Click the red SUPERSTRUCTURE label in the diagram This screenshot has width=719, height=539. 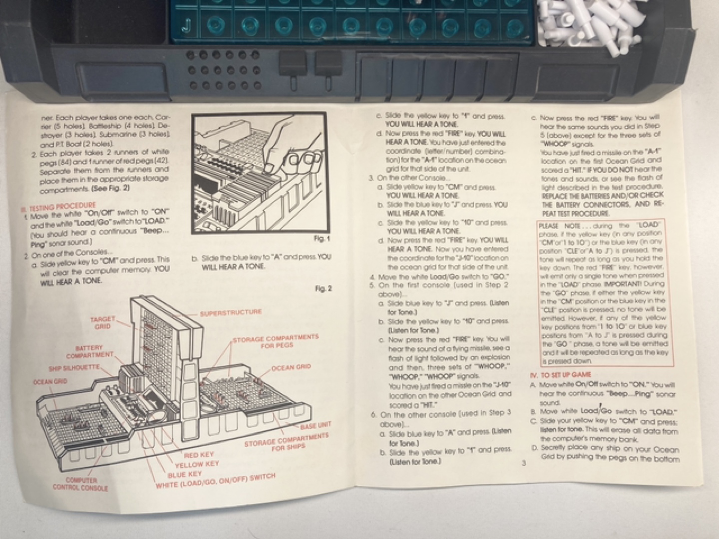click(x=231, y=313)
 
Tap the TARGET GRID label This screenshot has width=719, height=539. click(x=103, y=322)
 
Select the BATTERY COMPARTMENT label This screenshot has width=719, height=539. click(x=90, y=351)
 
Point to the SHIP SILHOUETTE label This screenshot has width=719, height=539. click(x=74, y=368)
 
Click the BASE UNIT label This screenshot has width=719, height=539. click(x=315, y=426)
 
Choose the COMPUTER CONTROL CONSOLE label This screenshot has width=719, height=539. click(x=80, y=484)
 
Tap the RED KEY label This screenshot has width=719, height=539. click(x=199, y=455)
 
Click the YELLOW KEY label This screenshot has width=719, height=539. click(x=197, y=465)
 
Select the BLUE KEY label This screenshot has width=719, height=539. click(x=185, y=474)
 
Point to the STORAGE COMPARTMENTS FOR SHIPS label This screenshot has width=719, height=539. click(x=286, y=442)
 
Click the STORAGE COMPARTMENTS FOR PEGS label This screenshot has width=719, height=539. click(x=276, y=341)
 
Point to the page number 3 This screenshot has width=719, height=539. click(x=523, y=463)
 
